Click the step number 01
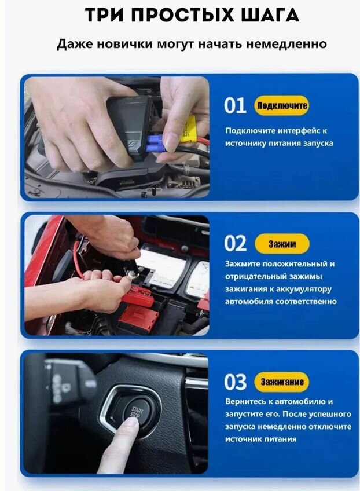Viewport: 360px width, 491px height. (x=235, y=105)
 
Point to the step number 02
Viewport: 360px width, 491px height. (x=235, y=243)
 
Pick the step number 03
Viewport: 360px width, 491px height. (x=235, y=382)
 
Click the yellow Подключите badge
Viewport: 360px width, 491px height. (x=282, y=105)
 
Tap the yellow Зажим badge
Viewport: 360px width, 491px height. (x=282, y=244)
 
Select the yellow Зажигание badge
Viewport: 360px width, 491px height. (x=282, y=382)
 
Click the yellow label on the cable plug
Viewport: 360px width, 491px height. (x=188, y=129)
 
